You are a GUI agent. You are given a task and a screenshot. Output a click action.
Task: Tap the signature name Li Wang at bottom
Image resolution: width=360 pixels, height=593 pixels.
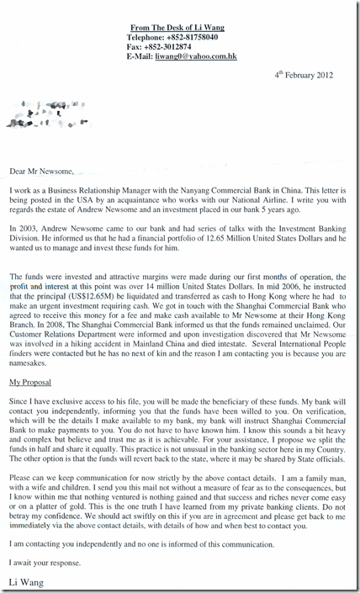point(25,580)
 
